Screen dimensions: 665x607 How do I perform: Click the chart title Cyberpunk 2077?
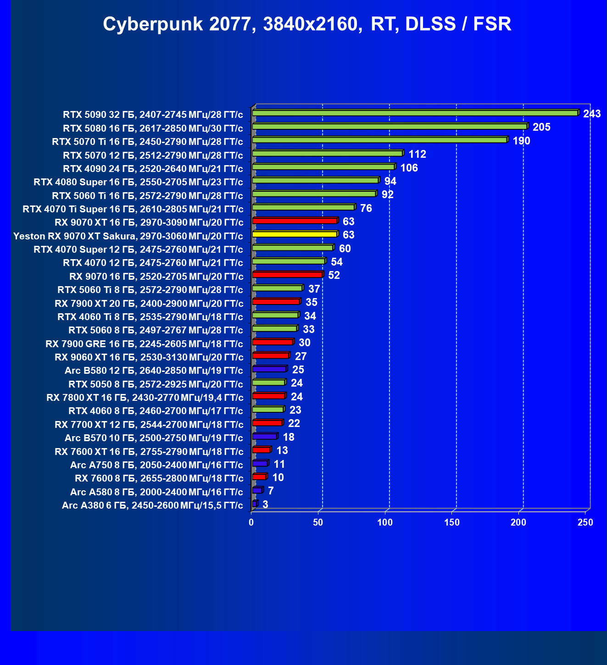pos(307,24)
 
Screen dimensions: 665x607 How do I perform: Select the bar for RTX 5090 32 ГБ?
pos(415,113)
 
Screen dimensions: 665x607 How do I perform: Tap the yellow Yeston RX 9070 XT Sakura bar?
pos(295,234)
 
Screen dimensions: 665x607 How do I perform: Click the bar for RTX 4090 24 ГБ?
pos(323,167)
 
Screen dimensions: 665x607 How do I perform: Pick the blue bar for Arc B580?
pos(269,369)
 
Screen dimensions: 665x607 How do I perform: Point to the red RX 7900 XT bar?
pos(276,302)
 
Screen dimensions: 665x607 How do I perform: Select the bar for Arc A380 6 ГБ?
pos(255,504)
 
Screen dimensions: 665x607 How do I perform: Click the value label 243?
pos(592,114)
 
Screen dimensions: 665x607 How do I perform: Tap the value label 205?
pos(541,127)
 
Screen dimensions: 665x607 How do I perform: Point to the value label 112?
pos(418,154)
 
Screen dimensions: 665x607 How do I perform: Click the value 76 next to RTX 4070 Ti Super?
pos(366,208)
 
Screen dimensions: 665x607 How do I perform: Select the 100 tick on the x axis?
pos(385,522)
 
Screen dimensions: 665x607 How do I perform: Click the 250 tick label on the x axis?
pos(585,522)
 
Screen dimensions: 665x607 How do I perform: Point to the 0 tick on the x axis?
pos(251,522)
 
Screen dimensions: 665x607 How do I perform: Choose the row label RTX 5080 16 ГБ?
pos(153,128)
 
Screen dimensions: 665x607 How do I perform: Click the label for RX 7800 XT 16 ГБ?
pos(145,398)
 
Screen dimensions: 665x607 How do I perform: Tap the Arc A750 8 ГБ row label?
pos(156,465)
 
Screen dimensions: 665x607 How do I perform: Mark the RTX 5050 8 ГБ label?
pos(156,384)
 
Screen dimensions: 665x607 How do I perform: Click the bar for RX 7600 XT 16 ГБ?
pos(261,450)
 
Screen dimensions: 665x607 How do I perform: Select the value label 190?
pos(522,141)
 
